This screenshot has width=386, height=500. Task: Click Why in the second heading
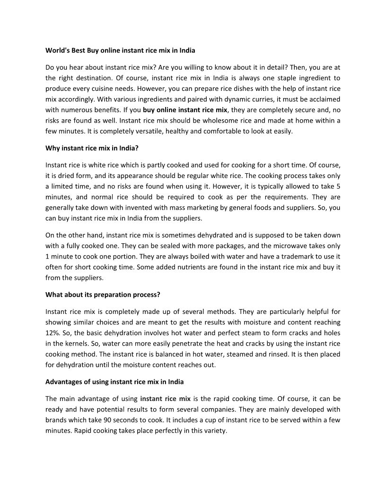[52, 148]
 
